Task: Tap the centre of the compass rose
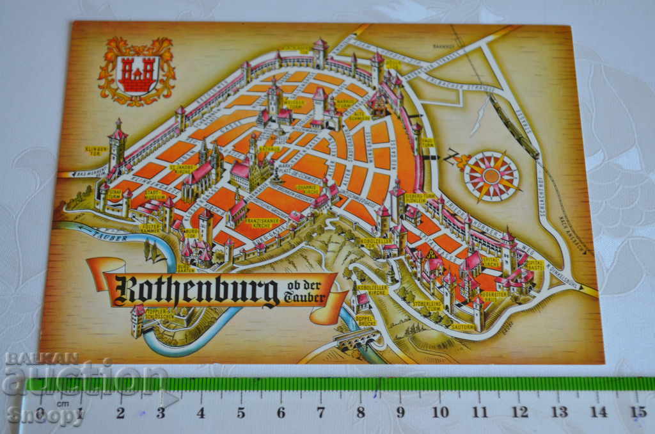(491, 175)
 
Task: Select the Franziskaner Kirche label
(255, 223)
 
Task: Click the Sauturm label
(463, 326)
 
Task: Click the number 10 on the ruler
(439, 412)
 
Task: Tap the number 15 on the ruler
(638, 412)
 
